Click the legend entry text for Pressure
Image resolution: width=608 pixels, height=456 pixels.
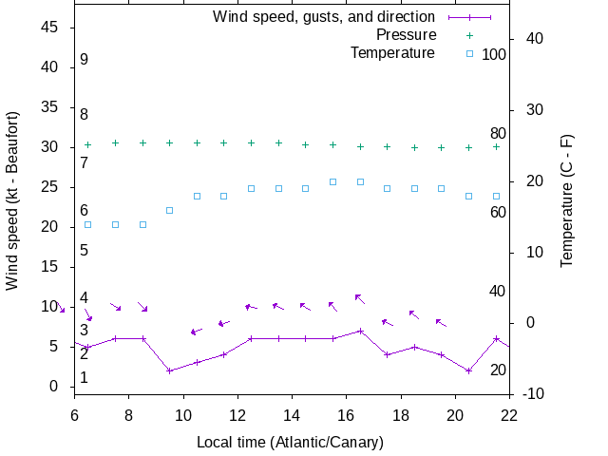point(406,35)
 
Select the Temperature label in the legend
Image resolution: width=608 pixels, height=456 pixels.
point(392,53)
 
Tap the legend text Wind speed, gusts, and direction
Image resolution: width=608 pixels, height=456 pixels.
point(323,17)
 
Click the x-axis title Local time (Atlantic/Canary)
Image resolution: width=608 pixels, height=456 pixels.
point(290,443)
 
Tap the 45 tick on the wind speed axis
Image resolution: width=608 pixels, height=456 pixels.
point(51,28)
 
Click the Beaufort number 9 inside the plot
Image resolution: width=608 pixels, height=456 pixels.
point(84,60)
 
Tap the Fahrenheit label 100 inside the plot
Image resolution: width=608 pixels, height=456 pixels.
point(494,54)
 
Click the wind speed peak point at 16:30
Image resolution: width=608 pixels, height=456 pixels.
point(360,331)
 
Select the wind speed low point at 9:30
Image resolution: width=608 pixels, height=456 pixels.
point(169,370)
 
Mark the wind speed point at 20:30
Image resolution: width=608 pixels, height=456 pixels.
point(468,370)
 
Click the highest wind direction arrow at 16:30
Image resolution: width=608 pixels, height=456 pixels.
point(360,298)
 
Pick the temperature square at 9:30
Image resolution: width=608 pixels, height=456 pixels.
point(169,210)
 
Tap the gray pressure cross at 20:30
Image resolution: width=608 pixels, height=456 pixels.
point(468,147)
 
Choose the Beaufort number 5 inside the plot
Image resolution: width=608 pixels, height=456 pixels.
point(84,251)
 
